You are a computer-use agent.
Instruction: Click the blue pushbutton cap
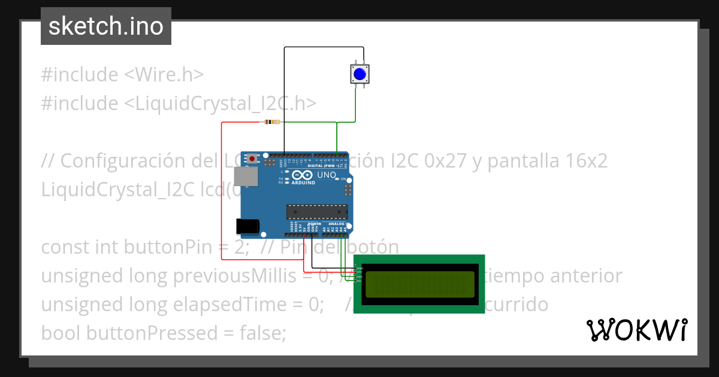(x=359, y=74)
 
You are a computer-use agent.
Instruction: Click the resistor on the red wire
(x=271, y=122)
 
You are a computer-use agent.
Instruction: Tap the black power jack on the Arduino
(x=247, y=226)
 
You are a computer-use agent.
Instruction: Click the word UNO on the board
(x=326, y=175)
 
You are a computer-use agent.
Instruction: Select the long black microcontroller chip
(x=317, y=211)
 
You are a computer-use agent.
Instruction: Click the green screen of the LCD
(x=419, y=284)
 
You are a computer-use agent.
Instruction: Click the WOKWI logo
(x=636, y=330)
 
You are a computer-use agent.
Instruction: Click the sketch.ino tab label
(x=106, y=26)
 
